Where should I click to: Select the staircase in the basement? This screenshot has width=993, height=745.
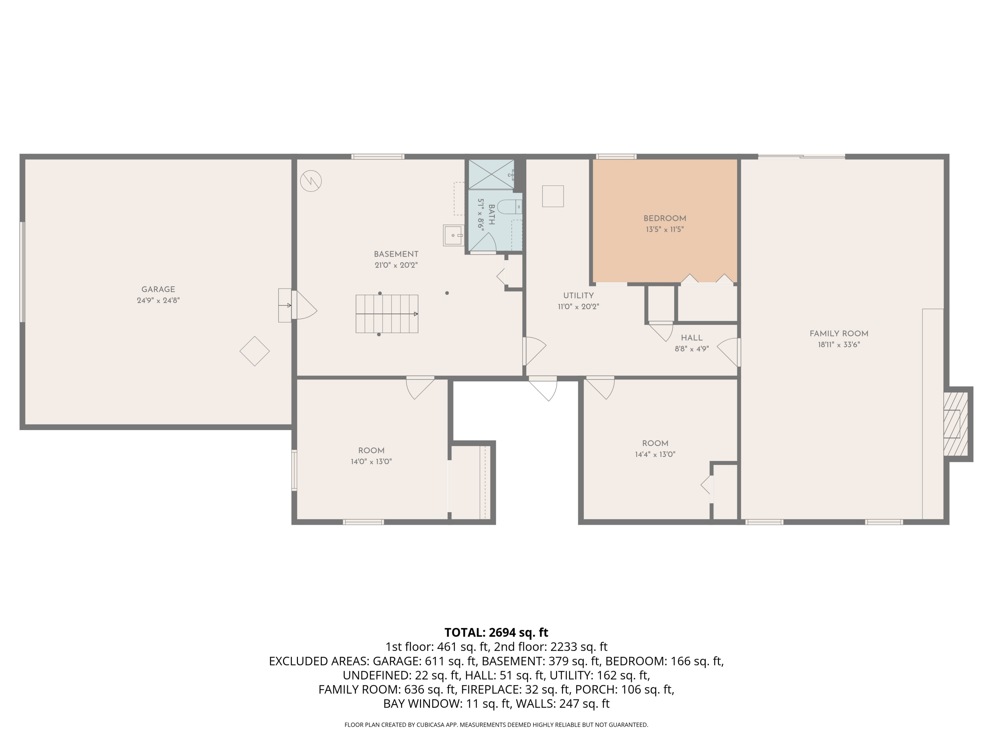387,314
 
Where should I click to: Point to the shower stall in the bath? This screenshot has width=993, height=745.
491,174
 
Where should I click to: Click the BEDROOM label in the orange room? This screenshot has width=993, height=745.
664,219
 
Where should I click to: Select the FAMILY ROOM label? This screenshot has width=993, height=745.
838,334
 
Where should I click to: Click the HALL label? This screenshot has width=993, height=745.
691,338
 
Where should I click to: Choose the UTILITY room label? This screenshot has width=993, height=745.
578,295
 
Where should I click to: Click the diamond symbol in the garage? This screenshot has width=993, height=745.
255,351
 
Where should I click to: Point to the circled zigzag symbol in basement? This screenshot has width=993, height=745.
311,181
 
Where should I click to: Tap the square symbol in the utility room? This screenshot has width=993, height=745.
553,196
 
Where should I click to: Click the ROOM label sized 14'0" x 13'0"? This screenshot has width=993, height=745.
371,450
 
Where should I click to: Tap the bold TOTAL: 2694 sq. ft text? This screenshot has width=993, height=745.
496,632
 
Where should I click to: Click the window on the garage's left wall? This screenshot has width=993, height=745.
22,272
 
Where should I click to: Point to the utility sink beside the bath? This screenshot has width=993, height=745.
454,235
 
